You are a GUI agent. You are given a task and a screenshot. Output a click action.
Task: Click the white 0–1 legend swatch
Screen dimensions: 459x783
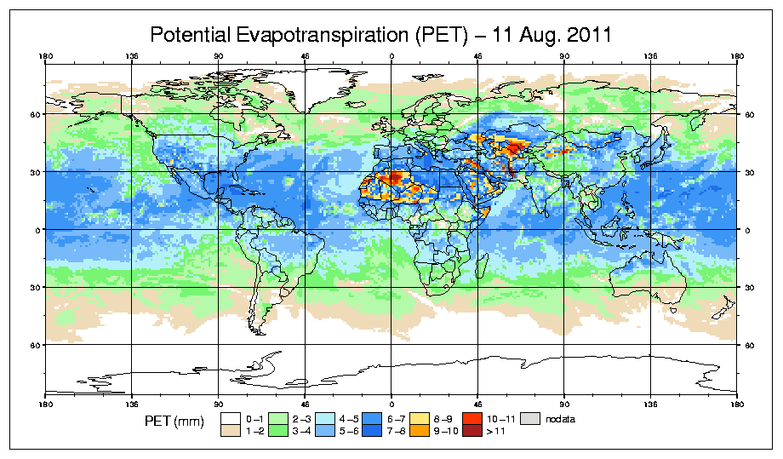click(x=230, y=418)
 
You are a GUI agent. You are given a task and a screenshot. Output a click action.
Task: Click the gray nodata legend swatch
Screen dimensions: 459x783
click(x=532, y=418)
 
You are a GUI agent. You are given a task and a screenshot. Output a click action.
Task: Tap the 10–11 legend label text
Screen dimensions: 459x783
click(x=500, y=418)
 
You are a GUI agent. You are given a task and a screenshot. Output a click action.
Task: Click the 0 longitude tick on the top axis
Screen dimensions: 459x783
click(x=391, y=58)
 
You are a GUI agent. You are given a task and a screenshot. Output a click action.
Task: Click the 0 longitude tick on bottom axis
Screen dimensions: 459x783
click(x=391, y=402)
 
